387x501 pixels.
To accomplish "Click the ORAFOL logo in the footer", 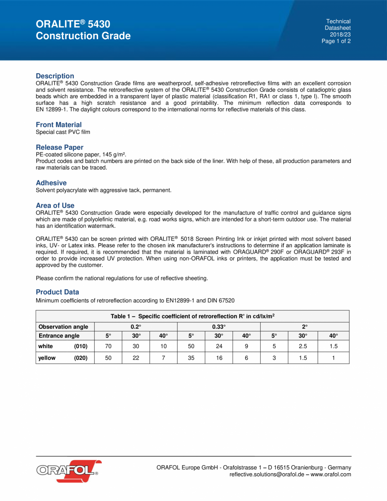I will click(x=67, y=471).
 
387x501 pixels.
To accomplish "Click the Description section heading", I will click(x=55, y=76).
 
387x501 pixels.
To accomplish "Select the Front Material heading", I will click(x=59, y=125).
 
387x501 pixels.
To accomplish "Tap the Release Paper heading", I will click(x=59, y=147).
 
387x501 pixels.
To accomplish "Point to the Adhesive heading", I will click(x=51, y=183).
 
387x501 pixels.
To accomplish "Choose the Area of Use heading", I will click(x=55, y=205).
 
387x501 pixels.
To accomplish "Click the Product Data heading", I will click(x=57, y=292).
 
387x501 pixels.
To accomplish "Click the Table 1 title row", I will click(x=192, y=316).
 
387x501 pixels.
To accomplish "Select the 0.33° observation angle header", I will click(x=219, y=327).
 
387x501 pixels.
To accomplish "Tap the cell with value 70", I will click(x=108, y=346).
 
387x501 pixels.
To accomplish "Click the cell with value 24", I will click(x=219, y=346).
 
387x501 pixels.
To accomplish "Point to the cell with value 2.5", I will click(x=302, y=346).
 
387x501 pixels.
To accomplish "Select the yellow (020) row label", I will click(x=65, y=358).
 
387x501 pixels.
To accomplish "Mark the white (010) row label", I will click(x=65, y=346).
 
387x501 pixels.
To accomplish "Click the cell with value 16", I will click(x=219, y=358).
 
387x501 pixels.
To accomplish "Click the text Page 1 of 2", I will click(x=336, y=41).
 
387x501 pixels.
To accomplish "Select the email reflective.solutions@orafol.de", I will click(x=268, y=474).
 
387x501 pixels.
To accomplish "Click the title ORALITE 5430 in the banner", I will click(x=73, y=24).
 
